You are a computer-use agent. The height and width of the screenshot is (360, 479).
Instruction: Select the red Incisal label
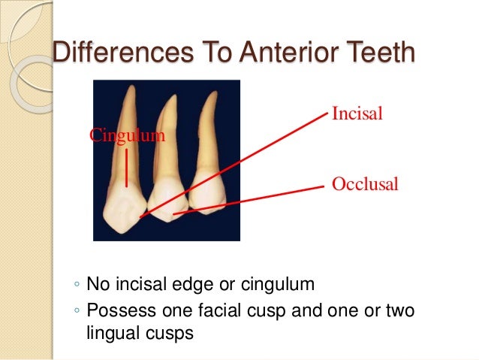click(x=357, y=115)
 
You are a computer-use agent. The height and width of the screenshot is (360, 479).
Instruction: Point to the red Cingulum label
click(x=127, y=136)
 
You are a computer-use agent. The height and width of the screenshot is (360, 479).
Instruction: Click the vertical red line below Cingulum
click(x=127, y=167)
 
